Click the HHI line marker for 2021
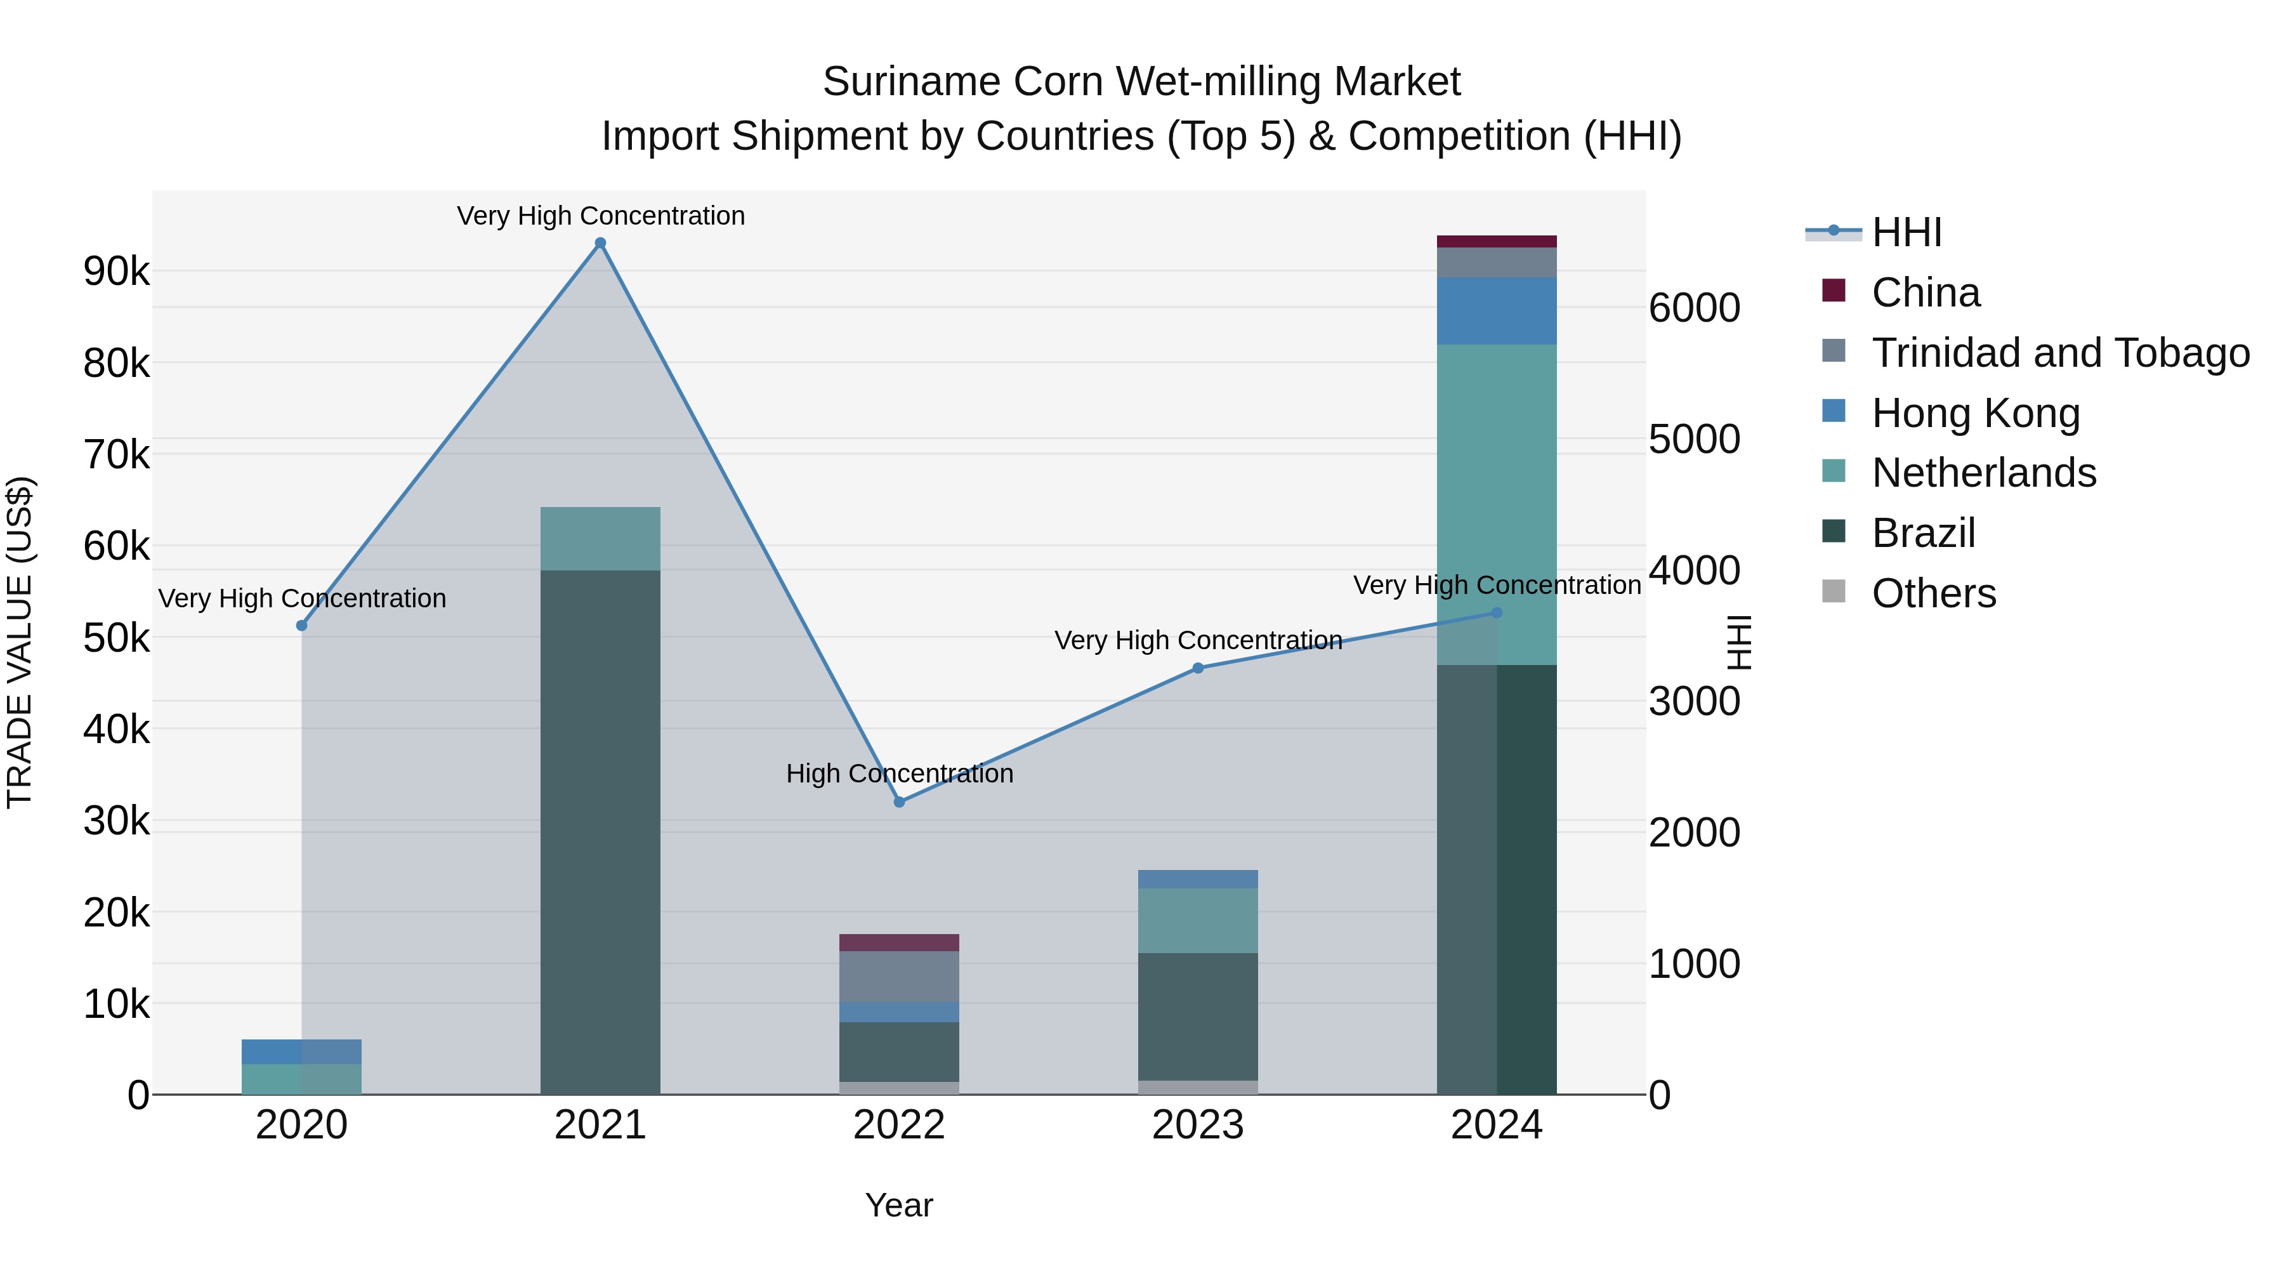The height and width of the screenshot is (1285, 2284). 600,243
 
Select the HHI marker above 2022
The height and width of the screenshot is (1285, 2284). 899,801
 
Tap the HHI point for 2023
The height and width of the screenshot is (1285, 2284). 1198,668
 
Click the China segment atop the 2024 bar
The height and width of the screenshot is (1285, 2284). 1497,241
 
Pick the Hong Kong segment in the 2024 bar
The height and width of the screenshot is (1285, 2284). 1497,310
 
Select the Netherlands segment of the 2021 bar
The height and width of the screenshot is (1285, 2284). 600,538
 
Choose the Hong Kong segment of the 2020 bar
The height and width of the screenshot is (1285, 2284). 301,1051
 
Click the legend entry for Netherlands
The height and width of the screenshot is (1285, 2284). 1983,473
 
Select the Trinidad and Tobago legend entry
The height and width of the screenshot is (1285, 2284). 2059,353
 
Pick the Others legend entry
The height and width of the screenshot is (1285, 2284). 1933,593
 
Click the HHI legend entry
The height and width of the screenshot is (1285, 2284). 1907,232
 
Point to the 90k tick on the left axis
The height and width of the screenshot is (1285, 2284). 116,272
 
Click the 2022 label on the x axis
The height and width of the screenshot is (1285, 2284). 899,1125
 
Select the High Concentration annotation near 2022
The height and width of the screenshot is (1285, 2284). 899,774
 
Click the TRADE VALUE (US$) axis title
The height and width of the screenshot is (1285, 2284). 20,642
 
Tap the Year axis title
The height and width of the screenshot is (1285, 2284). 899,1205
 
